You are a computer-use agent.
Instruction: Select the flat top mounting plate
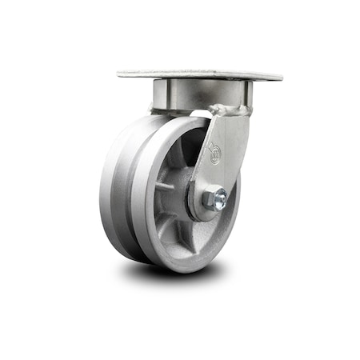199,74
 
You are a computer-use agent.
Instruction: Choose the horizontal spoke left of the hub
164,186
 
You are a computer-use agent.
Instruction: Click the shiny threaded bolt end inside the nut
218,200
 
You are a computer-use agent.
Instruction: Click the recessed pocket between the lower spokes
200,240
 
